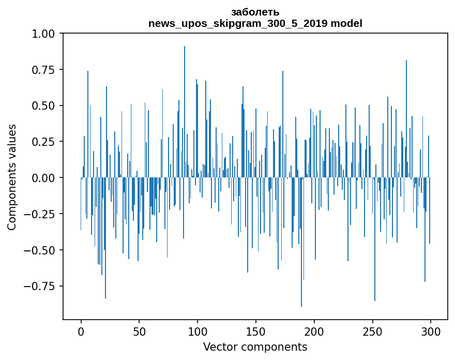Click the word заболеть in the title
[255, 12]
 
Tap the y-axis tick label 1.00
[46, 34]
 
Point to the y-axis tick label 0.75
[46, 70]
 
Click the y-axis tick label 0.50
[46, 106]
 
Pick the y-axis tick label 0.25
[46, 142]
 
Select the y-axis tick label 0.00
[46, 178]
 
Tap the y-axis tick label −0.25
[43, 214]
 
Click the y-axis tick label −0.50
[43, 250]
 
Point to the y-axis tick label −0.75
[43, 286]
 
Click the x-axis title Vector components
[255, 347]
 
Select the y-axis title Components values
[12, 177]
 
